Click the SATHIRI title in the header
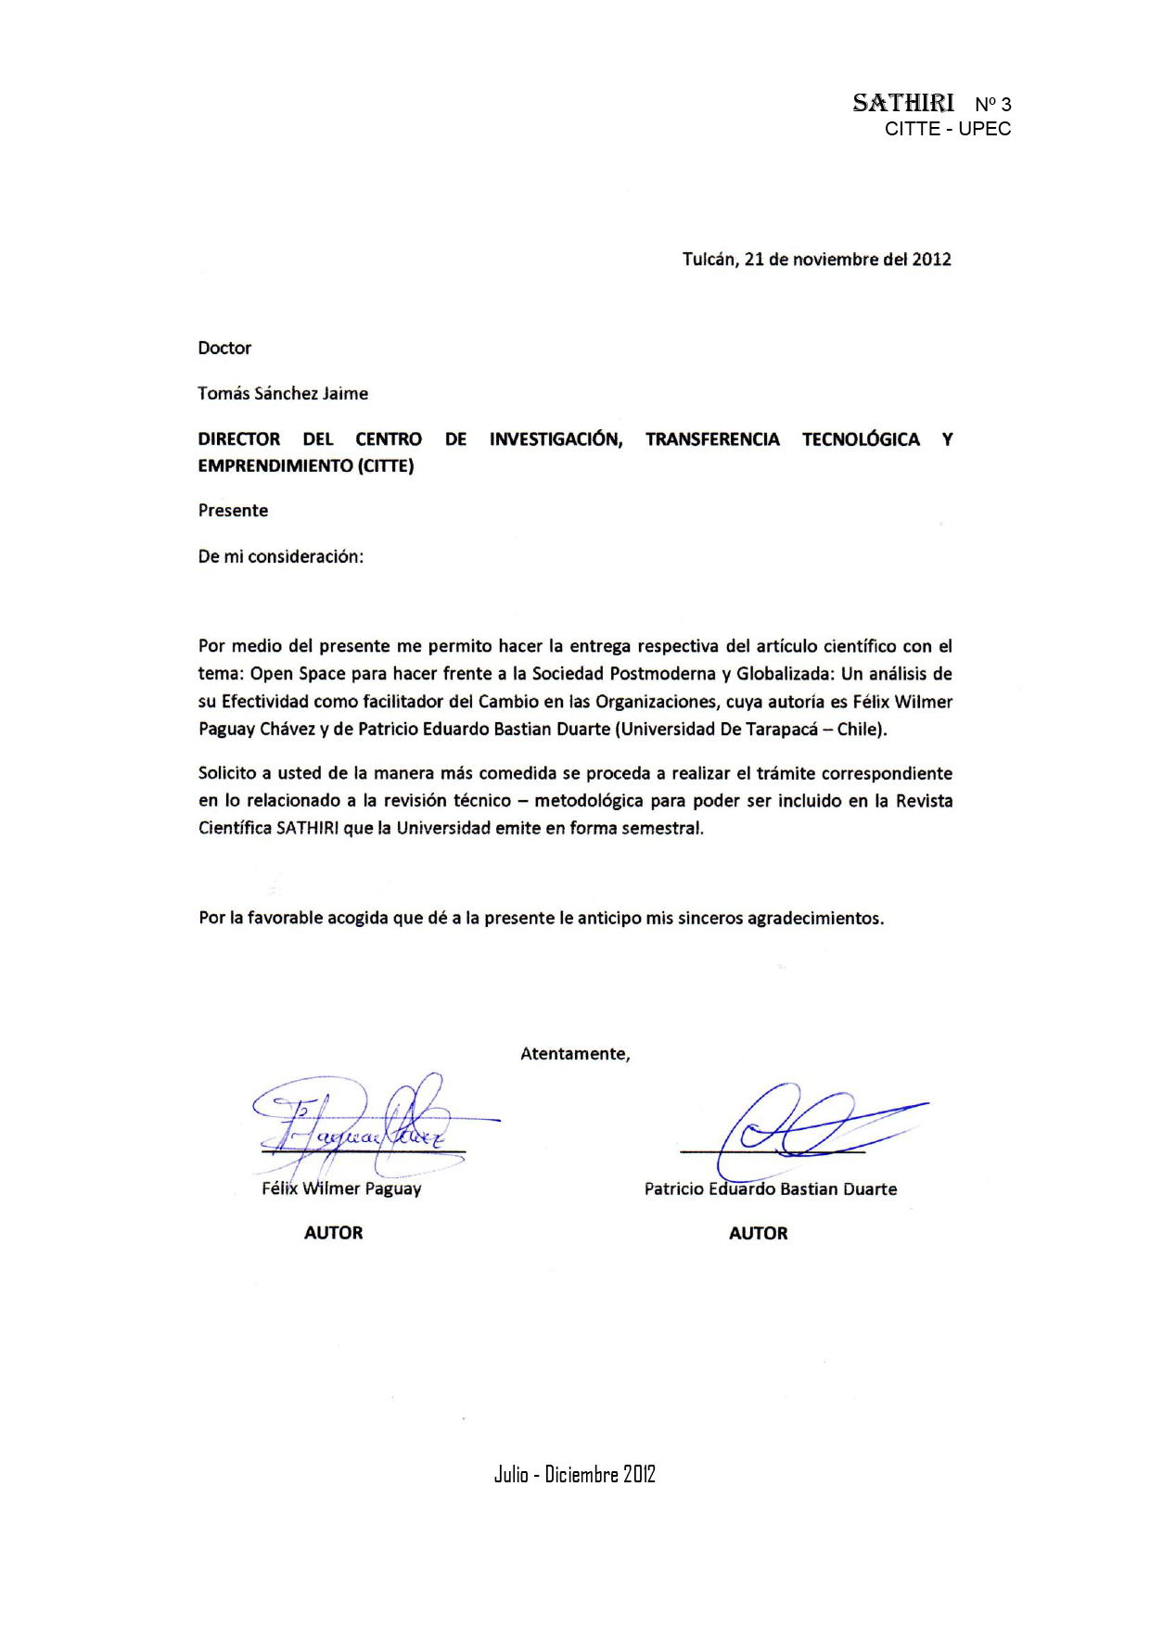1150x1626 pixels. click(x=902, y=103)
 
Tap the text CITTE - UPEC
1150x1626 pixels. click(x=947, y=129)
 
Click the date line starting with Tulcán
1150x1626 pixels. click(x=816, y=260)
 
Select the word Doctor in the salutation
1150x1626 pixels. click(x=224, y=349)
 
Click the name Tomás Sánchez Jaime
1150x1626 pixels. click(x=283, y=394)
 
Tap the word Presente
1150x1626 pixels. click(x=233, y=511)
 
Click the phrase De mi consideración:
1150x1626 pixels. click(x=281, y=557)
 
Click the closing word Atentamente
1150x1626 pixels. click(x=574, y=1054)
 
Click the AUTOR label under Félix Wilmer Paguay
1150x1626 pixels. click(x=334, y=1233)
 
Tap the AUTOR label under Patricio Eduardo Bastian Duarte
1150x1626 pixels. click(x=759, y=1234)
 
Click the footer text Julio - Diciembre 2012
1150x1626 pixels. click(x=575, y=1475)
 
